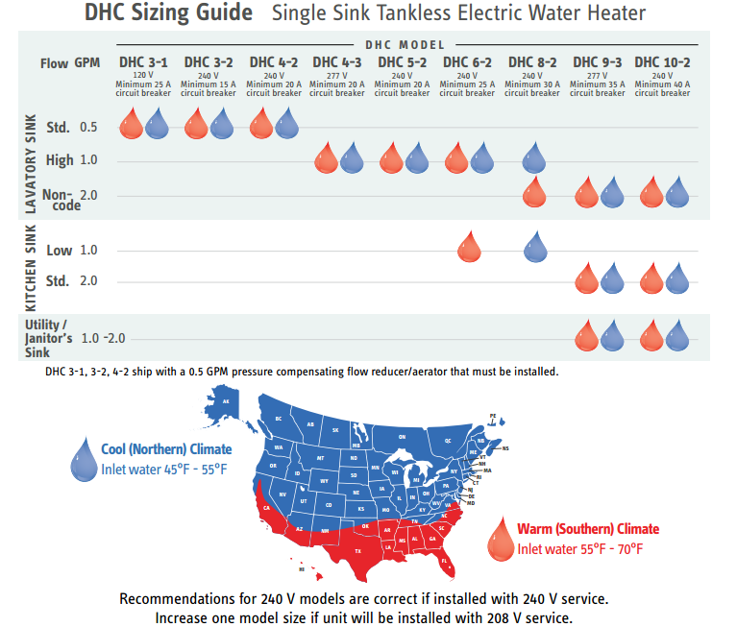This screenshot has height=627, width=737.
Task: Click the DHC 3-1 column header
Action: [x=143, y=62]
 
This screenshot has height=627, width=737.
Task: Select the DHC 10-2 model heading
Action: [x=662, y=62]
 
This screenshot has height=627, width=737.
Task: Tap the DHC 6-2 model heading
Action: [x=467, y=62]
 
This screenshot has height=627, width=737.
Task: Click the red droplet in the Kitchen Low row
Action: [x=468, y=247]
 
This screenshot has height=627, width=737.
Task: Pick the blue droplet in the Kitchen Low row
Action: [x=536, y=247]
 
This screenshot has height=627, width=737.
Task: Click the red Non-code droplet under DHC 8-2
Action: [x=535, y=192]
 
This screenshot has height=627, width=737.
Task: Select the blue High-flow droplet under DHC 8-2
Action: [x=536, y=157]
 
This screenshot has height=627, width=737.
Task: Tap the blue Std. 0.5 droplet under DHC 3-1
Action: [x=158, y=123]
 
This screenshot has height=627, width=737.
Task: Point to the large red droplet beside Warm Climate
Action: [x=500, y=539]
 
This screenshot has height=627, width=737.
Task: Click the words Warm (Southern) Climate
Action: [x=588, y=529]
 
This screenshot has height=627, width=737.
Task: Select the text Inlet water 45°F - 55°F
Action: [x=164, y=469]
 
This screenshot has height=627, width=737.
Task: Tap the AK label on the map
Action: [x=227, y=401]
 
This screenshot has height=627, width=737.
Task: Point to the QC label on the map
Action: [x=447, y=440]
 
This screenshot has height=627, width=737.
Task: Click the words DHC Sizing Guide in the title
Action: [x=169, y=13]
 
